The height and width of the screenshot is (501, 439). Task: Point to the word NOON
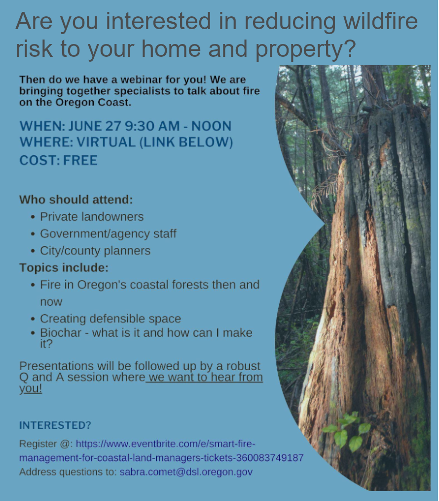coord(211,126)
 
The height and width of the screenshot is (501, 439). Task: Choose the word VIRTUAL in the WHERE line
coord(106,142)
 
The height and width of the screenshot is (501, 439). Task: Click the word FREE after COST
coord(80,161)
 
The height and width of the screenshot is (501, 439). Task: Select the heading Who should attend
coord(76,200)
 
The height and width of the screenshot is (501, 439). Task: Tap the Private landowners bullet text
coord(92,216)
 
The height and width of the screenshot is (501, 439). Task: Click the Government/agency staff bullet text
coord(108,234)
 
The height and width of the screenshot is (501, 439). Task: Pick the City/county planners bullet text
coord(95,251)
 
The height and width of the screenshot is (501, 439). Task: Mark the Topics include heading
coord(64,267)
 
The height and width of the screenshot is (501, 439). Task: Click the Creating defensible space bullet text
coord(110,319)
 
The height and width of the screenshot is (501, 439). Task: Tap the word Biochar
coord(61,333)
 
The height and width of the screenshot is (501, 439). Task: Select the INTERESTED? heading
coord(55,425)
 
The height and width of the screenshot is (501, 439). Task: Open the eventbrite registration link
coord(161,451)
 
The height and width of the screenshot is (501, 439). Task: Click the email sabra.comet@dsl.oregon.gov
coord(186,472)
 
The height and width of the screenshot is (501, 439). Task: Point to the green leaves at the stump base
coord(347,431)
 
